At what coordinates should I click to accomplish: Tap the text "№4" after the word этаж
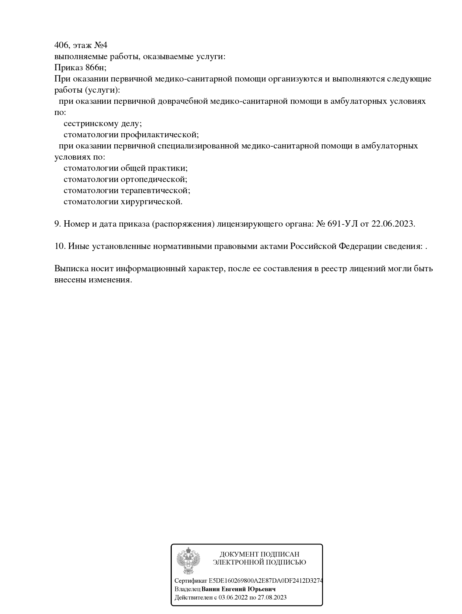pyautogui.click(x=100, y=45)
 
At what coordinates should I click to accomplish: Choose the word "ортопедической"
pyautogui.click(x=154, y=179)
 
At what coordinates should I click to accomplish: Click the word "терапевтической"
pyautogui.click(x=155, y=191)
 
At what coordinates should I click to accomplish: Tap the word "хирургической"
pyautogui.click(x=151, y=202)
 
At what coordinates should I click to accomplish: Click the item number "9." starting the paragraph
pyautogui.click(x=58, y=224)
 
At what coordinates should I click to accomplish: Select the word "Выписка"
pyautogui.click(x=71, y=269)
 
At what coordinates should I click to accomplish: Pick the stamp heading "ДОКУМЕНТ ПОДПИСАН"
pyautogui.click(x=259, y=554)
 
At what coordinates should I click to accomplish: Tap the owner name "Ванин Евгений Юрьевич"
pyautogui.click(x=238, y=589)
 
